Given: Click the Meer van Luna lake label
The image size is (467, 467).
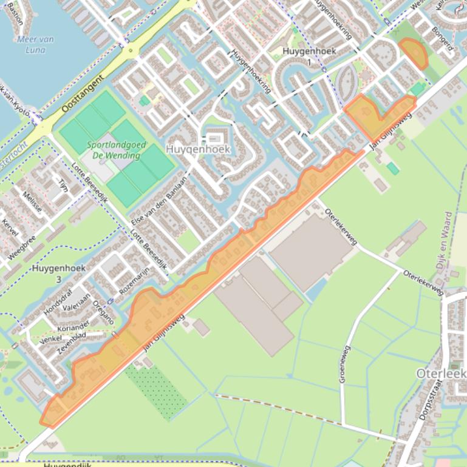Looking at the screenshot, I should (x=35, y=44).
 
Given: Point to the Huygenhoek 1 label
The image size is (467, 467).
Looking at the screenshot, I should (x=309, y=56).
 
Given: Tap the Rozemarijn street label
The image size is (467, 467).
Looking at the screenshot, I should (x=134, y=281).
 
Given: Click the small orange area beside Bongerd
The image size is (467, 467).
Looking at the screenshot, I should (x=414, y=52).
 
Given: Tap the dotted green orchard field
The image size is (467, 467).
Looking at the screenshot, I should (x=157, y=392).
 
